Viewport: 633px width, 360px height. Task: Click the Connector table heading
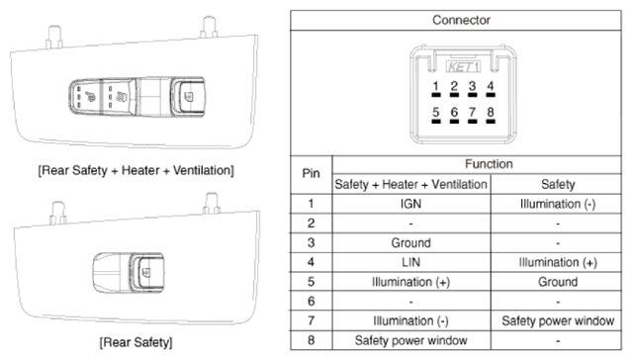[461, 20]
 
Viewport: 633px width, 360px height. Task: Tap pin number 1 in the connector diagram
[435, 86]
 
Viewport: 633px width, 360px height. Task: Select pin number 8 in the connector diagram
[491, 112]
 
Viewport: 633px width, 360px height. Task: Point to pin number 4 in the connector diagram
[491, 86]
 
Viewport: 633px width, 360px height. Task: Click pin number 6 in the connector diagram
[454, 112]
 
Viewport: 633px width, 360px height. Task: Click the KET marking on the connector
[463, 66]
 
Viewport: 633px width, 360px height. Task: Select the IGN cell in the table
[410, 204]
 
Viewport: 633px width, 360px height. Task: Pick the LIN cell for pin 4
[410, 262]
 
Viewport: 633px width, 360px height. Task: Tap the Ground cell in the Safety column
[558, 282]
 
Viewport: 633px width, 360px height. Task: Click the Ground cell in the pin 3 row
[411, 243]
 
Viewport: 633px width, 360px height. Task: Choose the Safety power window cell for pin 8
[411, 340]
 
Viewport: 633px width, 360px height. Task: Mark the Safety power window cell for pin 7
[558, 320]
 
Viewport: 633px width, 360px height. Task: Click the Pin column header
[311, 173]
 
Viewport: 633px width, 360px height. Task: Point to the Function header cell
[489, 164]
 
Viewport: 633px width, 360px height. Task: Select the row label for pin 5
[311, 282]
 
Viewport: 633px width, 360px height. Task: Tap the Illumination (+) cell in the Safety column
[558, 263]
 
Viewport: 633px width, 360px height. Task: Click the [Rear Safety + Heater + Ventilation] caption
[136, 171]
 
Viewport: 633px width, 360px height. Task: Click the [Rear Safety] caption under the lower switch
[136, 342]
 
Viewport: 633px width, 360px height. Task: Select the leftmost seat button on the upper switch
[86, 96]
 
